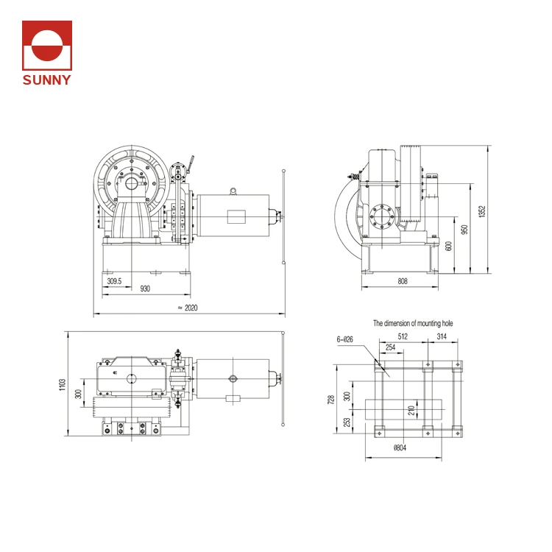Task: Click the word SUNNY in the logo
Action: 47,79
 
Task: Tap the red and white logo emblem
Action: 47,46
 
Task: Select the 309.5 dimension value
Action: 114,281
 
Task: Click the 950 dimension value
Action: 464,229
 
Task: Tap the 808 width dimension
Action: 403,281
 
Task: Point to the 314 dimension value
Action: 442,337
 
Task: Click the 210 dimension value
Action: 412,409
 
